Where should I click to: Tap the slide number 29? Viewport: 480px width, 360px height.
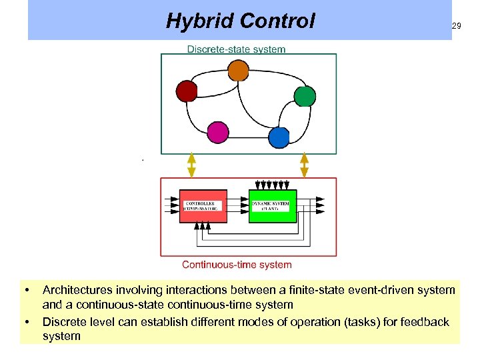click(x=456, y=26)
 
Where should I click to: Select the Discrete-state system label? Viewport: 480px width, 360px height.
click(x=236, y=49)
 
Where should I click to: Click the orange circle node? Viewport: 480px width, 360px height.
click(x=238, y=70)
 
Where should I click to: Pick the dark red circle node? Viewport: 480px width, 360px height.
click(x=187, y=91)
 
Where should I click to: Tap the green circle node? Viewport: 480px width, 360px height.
click(x=304, y=96)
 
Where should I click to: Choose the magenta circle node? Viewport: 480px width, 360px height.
click(x=217, y=132)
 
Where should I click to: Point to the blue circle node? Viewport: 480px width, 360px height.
click(x=279, y=137)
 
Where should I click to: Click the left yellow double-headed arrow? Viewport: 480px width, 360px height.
click(x=192, y=165)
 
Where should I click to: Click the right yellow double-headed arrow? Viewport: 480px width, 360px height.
click(x=305, y=165)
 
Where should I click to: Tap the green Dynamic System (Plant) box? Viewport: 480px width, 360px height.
click(x=273, y=206)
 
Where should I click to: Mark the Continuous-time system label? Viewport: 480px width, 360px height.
click(x=237, y=265)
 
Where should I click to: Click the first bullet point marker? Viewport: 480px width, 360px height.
click(x=27, y=291)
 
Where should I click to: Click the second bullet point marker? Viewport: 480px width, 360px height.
click(x=27, y=323)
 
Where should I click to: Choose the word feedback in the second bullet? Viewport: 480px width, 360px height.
click(x=425, y=322)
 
